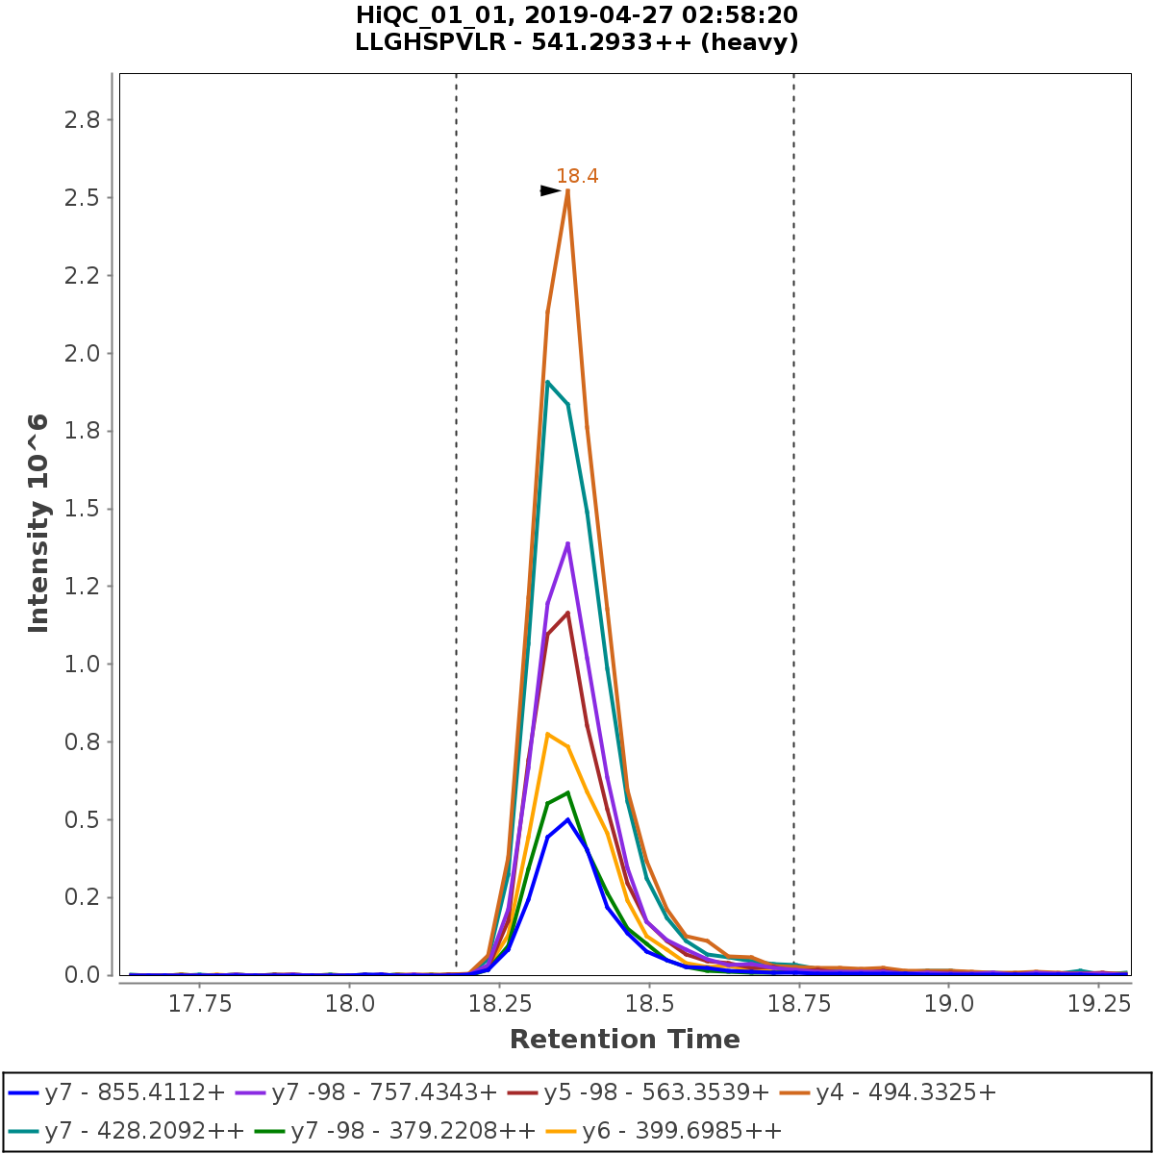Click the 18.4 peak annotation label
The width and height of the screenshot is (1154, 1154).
[x=577, y=176]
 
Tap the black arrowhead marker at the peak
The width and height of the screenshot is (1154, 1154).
[x=550, y=190]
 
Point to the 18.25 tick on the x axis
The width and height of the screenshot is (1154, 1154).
[x=499, y=1004]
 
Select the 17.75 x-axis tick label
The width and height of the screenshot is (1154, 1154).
[x=199, y=1004]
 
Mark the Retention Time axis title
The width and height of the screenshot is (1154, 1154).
[x=625, y=1040]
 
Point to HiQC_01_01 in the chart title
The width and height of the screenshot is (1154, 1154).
[x=424, y=15]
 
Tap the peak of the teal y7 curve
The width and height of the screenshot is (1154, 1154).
[x=547, y=382]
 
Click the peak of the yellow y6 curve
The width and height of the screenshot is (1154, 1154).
[x=547, y=734]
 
